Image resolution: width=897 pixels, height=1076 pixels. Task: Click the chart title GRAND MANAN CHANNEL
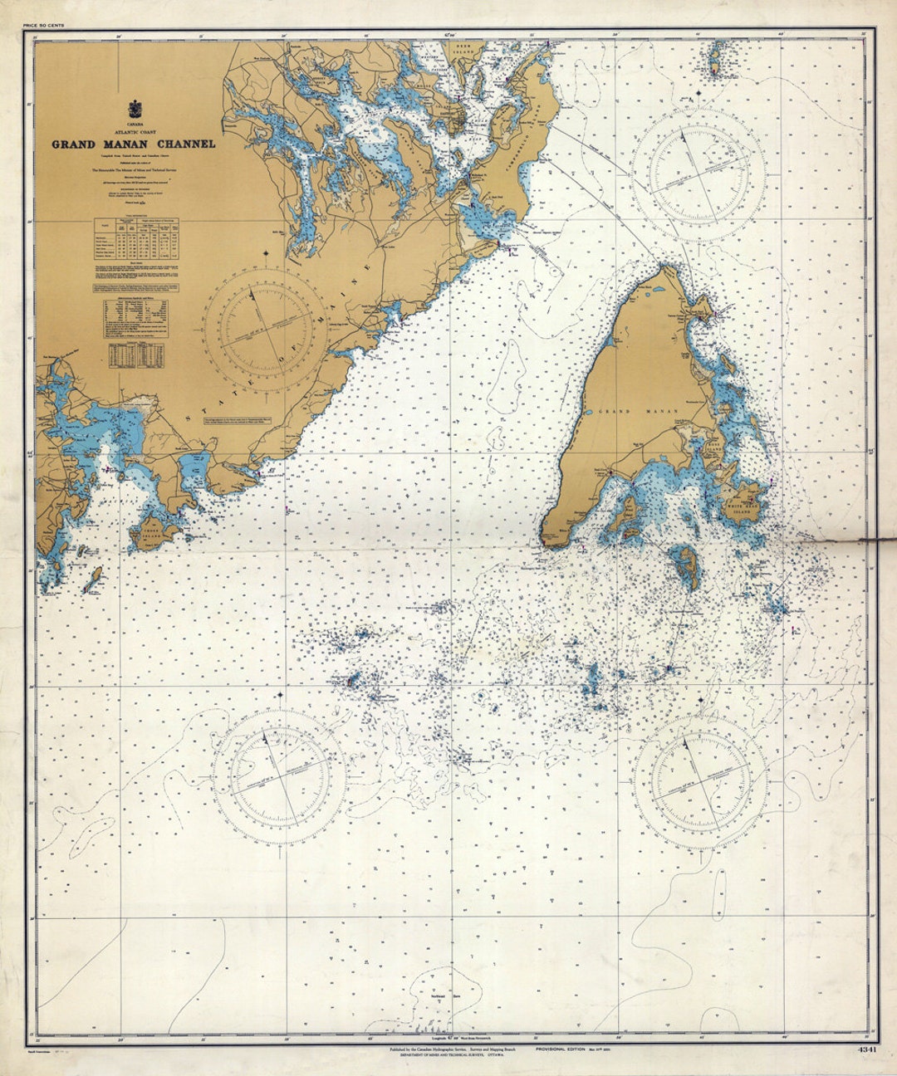[134, 144]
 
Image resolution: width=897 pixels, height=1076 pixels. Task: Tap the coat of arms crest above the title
[134, 109]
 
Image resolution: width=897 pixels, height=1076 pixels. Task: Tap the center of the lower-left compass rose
[277, 775]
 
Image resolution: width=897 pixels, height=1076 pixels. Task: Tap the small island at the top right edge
[713, 59]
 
